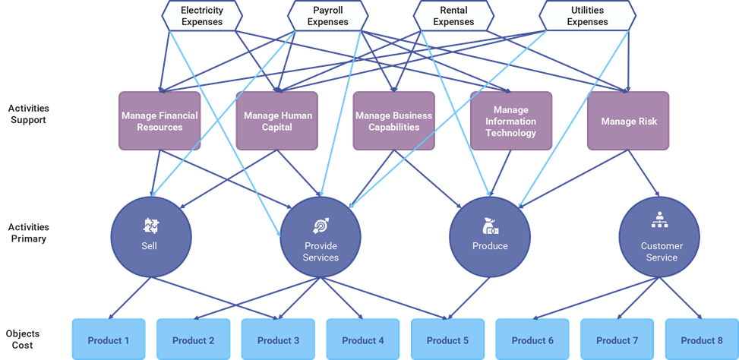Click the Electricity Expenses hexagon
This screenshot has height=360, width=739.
(202, 16)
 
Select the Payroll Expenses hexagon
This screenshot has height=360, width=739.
(328, 16)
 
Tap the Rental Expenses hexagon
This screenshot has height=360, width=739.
(453, 16)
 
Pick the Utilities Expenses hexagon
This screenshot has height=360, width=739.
(587, 16)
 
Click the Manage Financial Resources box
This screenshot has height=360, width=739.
(159, 121)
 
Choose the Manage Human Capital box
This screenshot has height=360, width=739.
(277, 121)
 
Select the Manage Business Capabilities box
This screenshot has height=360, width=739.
(393, 121)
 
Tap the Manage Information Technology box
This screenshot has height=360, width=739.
(510, 121)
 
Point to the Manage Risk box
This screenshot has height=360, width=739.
(628, 121)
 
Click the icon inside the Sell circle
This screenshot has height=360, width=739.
(150, 225)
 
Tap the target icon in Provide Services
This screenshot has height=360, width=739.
(320, 226)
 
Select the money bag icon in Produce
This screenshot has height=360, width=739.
(490, 226)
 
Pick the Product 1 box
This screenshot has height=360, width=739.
(108, 340)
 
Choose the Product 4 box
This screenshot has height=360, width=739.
(363, 340)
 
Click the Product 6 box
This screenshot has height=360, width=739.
(532, 340)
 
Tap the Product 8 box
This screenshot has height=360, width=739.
(701, 340)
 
